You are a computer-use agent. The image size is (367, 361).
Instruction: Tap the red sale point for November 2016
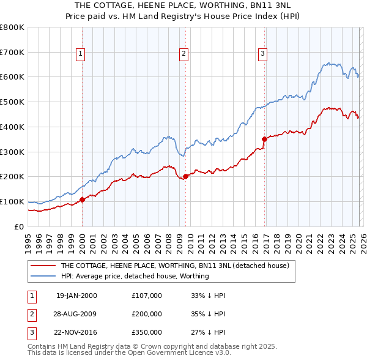265,139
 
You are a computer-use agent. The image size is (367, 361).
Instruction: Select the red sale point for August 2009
186,177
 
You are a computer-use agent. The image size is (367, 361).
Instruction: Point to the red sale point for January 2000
83,199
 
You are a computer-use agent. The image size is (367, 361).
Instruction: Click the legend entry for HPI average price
135,277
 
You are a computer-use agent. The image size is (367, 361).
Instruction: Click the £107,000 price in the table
147,296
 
